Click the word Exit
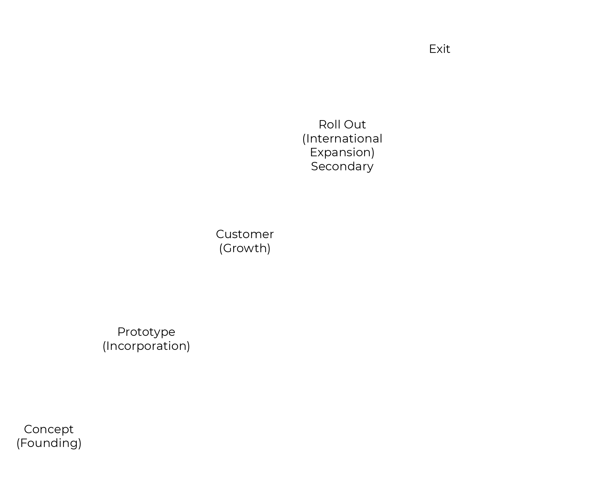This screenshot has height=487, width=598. click(x=440, y=49)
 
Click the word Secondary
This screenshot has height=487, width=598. click(x=342, y=166)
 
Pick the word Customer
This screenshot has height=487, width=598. click(x=245, y=234)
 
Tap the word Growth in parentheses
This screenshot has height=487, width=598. click(x=245, y=248)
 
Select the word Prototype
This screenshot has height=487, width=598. click(x=146, y=332)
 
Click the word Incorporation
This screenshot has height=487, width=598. click(x=146, y=346)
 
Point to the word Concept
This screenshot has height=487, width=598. click(x=49, y=429)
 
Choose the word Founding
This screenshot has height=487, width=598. click(x=49, y=443)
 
